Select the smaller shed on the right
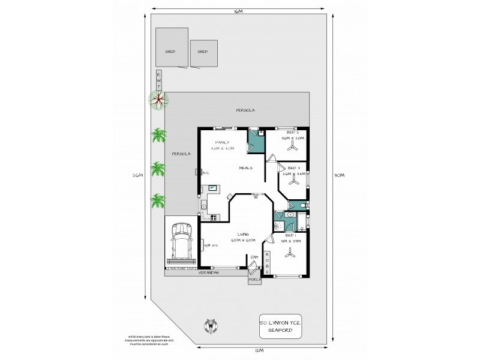coord(202,52)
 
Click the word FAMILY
coord(213,142)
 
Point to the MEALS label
coord(245,168)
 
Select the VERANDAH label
coord(208,273)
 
